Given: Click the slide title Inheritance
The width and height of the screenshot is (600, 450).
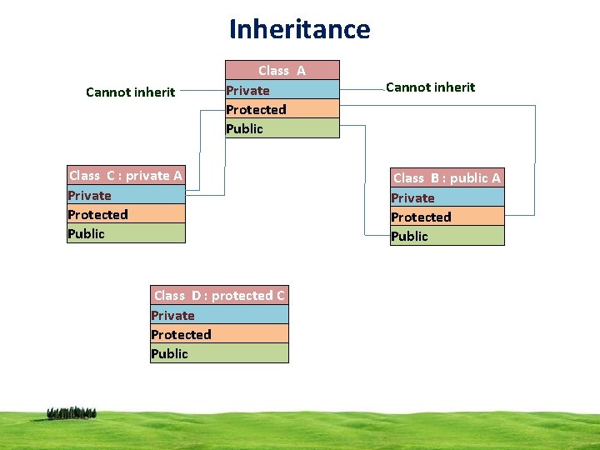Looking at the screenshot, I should (300, 29).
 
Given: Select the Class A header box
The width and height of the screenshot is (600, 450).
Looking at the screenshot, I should (282, 70).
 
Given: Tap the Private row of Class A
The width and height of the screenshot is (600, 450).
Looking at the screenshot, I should (282, 90).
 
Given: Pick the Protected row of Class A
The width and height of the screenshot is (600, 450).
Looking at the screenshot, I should (282, 109).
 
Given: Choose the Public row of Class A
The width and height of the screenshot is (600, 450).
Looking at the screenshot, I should (282, 128).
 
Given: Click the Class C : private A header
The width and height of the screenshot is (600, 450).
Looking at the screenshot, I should (126, 175).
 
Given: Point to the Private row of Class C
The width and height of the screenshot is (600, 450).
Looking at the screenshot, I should (126, 195).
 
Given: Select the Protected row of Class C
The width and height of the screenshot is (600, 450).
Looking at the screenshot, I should (126, 214).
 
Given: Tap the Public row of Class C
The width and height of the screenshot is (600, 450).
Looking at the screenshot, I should (126, 233).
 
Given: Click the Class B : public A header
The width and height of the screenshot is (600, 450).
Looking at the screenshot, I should (447, 177).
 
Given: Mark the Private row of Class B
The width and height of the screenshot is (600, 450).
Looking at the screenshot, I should (447, 197).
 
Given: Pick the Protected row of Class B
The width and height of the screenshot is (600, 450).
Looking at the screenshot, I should (447, 217).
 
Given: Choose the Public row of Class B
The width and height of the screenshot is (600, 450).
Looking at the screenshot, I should (447, 236).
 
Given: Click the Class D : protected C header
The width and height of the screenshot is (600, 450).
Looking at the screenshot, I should (219, 295).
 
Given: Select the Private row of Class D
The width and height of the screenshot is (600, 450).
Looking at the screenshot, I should (219, 315).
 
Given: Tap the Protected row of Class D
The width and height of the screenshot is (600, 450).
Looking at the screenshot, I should (219, 334).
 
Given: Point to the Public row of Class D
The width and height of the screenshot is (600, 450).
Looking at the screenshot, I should (219, 353).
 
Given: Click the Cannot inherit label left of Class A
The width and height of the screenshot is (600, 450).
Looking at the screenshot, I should (131, 92).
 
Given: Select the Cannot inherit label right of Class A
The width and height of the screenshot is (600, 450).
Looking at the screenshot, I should (431, 87).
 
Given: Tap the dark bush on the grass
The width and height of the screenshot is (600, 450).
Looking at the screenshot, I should (72, 412).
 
